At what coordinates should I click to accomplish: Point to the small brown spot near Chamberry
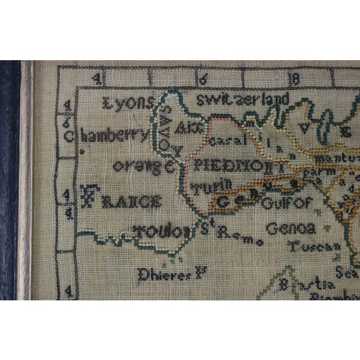point(82,151)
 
